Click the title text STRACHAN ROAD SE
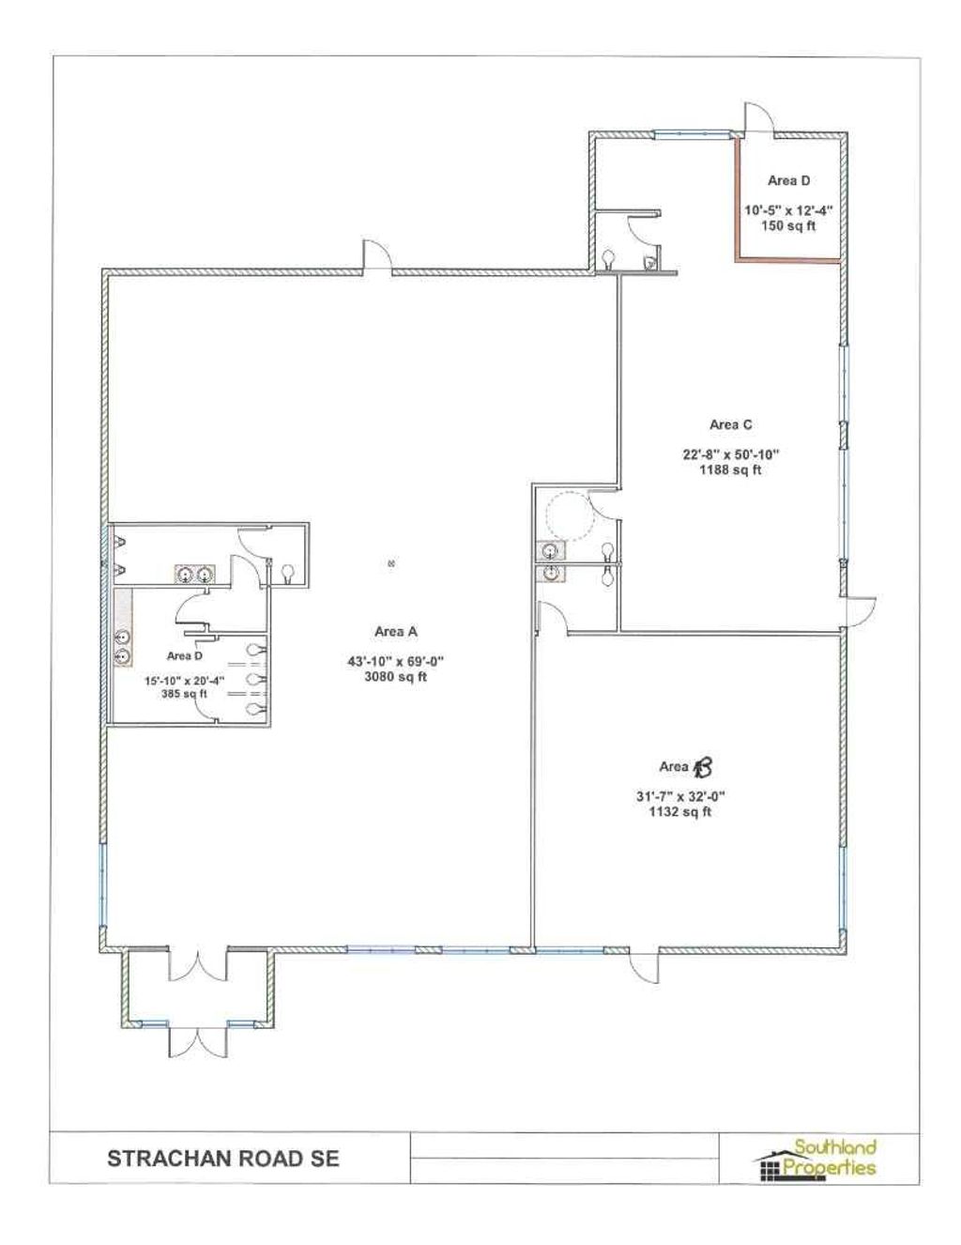coord(223,1158)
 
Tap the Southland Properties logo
coord(816,1159)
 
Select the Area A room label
coord(395,632)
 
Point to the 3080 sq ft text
coord(395,676)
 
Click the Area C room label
coord(730,425)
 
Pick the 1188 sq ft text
coord(730,469)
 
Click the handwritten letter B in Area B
coord(703,768)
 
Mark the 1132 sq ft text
coord(680,811)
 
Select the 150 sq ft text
coord(787,225)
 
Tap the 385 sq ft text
coord(184,694)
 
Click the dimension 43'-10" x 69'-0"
coord(395,661)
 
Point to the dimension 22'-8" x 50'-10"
coord(730,455)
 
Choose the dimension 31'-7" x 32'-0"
coord(680,797)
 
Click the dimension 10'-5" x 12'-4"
coord(788,210)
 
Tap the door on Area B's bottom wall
coord(644,965)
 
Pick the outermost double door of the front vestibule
coord(198,1041)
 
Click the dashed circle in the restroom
coord(570,515)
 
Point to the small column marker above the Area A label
coord(391,563)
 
